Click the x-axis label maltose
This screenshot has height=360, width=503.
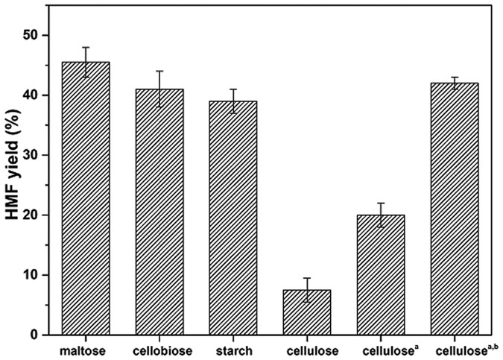(86, 350)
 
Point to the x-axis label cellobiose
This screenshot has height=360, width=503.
(159, 350)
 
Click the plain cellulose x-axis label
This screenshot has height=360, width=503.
(307, 350)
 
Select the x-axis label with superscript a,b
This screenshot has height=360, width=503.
(456, 349)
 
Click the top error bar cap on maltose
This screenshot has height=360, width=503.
(86, 47)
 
